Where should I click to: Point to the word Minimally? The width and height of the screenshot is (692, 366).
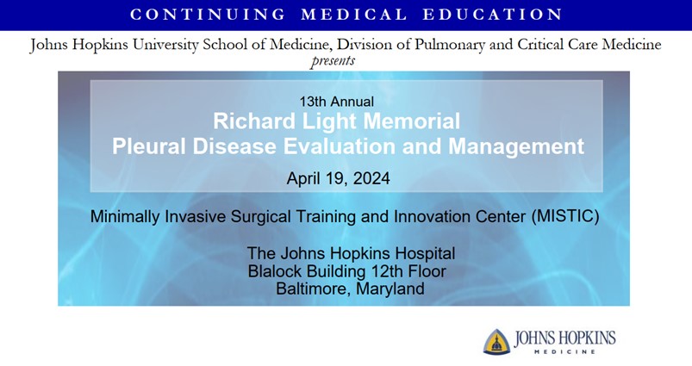[x=127, y=216]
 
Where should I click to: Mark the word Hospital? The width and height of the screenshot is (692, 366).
[x=423, y=253]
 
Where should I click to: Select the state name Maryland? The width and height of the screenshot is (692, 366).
[x=389, y=289]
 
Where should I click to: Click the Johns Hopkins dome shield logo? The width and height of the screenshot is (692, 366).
[x=496, y=341]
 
